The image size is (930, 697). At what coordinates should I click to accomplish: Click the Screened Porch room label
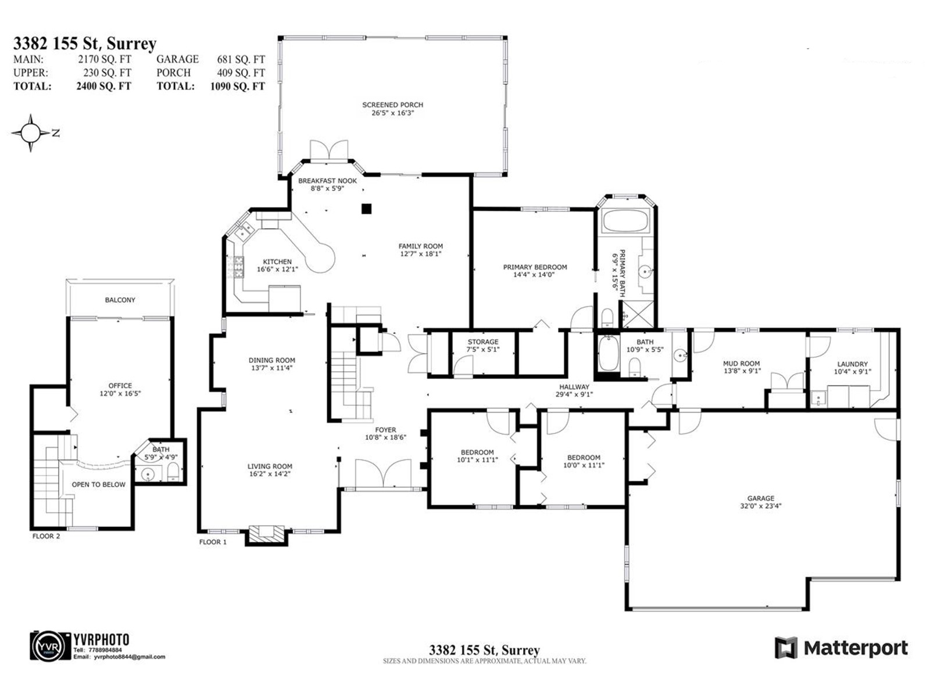tap(392, 105)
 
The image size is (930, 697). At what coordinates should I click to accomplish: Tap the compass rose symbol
tap(31, 133)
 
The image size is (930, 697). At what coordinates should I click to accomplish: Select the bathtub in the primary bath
tap(625, 221)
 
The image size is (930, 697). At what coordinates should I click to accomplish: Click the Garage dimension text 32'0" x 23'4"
tap(760, 506)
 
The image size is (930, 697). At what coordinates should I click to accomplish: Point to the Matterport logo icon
tap(786, 648)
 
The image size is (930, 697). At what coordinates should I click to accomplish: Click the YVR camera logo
tap(50, 646)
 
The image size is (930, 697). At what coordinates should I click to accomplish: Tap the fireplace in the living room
tap(267, 534)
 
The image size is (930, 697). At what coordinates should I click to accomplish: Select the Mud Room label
tap(741, 364)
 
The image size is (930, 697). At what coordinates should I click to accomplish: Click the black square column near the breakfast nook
tap(366, 209)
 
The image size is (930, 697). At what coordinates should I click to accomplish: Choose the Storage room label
tap(483, 342)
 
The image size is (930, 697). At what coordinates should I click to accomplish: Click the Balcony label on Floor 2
tap(120, 300)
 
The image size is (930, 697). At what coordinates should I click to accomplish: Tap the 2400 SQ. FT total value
tap(103, 86)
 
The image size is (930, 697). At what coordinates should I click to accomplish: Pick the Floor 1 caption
tap(213, 542)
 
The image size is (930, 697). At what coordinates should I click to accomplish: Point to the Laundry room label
tap(852, 364)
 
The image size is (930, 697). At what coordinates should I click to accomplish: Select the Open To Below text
tap(98, 484)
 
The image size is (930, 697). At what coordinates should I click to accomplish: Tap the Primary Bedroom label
tap(535, 267)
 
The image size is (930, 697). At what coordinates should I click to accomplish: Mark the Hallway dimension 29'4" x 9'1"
tap(574, 394)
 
